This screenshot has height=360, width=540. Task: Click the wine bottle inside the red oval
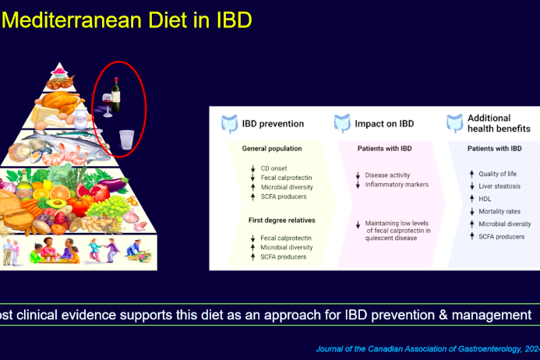click(115, 95)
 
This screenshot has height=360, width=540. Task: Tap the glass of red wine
click(107, 105)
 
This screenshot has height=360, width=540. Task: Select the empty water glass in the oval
click(126, 139)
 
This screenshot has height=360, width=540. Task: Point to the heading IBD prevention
click(273, 124)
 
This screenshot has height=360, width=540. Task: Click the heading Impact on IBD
click(384, 124)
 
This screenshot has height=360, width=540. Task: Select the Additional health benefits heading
click(499, 123)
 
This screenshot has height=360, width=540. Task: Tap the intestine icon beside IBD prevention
click(229, 124)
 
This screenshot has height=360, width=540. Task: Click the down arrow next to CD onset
click(252, 168)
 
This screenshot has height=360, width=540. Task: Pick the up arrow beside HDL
click(471, 199)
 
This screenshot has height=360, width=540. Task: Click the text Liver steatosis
click(499, 186)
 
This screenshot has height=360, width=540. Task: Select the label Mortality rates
click(499, 211)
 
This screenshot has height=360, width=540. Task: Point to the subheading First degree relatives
click(282, 221)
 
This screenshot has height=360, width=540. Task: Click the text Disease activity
click(387, 175)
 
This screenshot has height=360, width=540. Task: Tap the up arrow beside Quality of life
click(471, 174)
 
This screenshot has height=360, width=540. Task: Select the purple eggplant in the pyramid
click(113, 185)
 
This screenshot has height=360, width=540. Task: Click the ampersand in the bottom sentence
click(443, 315)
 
